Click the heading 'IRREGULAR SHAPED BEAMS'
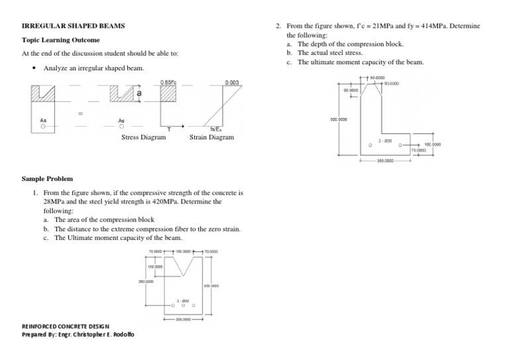[73, 26]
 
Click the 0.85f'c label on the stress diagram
[168, 82]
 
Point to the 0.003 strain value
[232, 82]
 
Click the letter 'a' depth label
[139, 94]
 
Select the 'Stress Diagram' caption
[143, 138]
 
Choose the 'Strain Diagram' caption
[211, 138]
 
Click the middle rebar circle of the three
[183, 306]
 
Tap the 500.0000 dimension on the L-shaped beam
[339, 119]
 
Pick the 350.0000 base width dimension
[385, 160]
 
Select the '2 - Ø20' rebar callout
[385, 141]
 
